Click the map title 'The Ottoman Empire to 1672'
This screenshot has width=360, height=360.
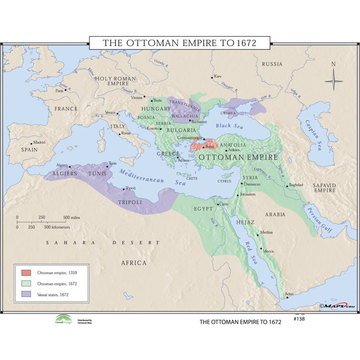pos(179,42)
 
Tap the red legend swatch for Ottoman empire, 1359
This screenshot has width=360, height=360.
pos(26,273)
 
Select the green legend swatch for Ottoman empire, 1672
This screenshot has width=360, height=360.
pos(26,284)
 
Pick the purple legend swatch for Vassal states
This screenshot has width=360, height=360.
pos(26,295)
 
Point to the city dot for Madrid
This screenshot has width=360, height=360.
pos(31,144)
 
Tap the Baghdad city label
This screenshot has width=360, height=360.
pos(296,185)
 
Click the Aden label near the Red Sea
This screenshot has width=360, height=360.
pos(289,294)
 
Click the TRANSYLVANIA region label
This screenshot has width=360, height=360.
pos(183,103)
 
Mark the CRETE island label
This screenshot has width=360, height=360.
pos(192,178)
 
